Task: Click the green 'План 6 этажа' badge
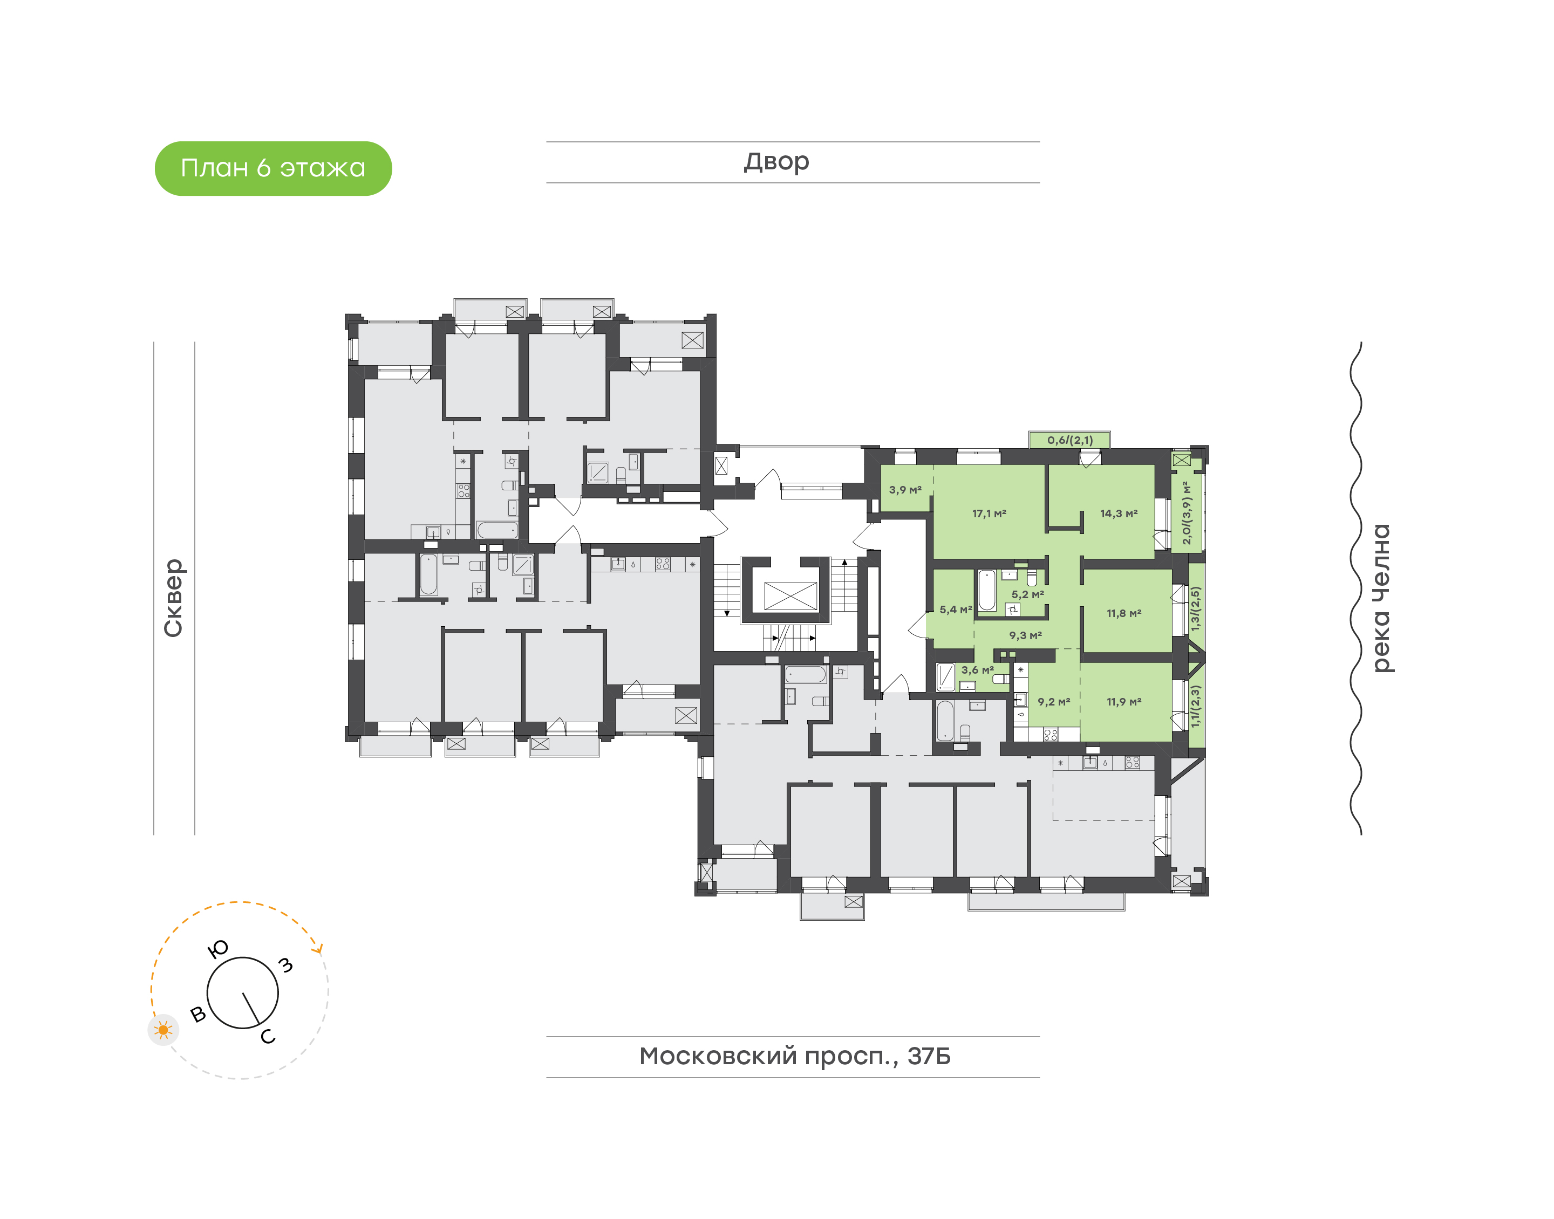(274, 168)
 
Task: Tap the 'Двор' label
(776, 162)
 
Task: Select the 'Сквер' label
(173, 598)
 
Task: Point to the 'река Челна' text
(1382, 598)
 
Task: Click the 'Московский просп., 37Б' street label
(794, 1056)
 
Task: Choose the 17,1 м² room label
(990, 513)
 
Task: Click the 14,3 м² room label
(1119, 513)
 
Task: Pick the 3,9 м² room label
(905, 490)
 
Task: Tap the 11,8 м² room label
(1124, 613)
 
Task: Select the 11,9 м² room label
(1124, 702)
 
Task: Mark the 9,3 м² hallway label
(1025, 635)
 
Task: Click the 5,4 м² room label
(956, 609)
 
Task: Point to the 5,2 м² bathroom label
(1027, 594)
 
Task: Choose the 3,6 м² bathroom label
(977, 670)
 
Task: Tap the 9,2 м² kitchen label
(1054, 702)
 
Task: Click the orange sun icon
(163, 1030)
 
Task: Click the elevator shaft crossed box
(790, 596)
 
